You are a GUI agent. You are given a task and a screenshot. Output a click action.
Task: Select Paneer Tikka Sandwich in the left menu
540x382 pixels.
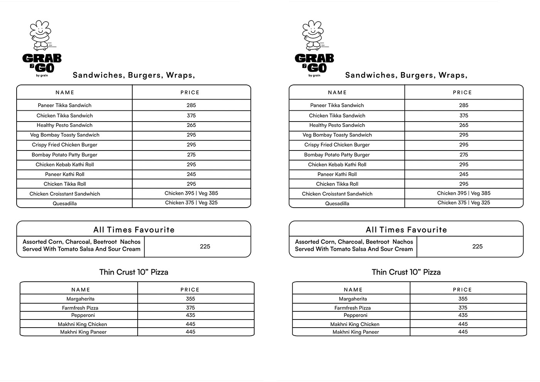(65, 105)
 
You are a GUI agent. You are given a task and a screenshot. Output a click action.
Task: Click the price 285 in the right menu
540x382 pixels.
(464, 105)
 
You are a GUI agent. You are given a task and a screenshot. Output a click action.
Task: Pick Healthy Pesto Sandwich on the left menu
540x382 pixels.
(65, 125)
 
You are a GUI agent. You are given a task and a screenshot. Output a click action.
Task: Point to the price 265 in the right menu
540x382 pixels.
(464, 125)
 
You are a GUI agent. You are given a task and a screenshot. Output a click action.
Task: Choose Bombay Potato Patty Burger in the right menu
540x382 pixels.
(337, 155)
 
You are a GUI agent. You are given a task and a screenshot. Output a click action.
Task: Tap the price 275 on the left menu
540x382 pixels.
(191, 155)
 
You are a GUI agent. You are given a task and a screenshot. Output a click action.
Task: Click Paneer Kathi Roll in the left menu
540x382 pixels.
(65, 174)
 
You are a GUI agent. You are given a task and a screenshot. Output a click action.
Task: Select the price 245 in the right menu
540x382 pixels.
(464, 174)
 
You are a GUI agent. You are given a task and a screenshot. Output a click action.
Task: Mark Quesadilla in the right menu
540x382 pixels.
(337, 204)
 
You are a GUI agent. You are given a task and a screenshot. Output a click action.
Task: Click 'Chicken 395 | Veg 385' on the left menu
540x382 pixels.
(191, 193)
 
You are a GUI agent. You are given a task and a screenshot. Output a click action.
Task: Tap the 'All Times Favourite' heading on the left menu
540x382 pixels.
(134, 230)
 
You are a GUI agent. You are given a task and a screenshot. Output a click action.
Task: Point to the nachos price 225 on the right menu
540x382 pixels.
(478, 247)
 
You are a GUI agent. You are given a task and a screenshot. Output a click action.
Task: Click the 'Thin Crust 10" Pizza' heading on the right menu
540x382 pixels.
(406, 272)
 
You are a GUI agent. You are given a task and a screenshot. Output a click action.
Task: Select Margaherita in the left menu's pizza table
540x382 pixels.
(81, 299)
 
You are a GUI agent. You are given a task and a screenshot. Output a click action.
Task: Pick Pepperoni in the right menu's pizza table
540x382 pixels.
(356, 315)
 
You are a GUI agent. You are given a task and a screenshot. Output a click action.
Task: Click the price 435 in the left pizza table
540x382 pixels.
(191, 315)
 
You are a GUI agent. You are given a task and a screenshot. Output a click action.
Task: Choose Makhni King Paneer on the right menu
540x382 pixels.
(356, 332)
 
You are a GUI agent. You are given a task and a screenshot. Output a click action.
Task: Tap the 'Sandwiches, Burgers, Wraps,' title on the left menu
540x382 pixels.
(134, 75)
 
